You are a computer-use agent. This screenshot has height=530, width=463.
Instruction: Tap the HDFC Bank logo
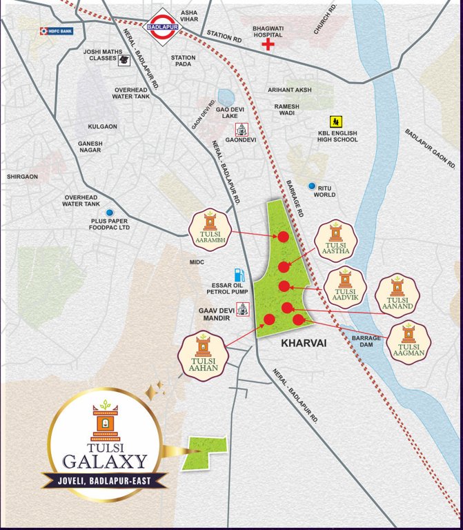[x=57, y=31]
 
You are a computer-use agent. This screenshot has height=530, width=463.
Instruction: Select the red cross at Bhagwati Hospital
[x=265, y=45]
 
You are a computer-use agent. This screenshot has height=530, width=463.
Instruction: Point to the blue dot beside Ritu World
[x=312, y=186]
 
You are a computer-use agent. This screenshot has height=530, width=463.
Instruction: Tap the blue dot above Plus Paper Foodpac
[x=110, y=213]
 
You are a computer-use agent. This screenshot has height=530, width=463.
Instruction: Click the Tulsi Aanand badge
[x=397, y=295]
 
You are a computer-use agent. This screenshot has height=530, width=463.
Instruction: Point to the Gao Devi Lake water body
[x=226, y=99]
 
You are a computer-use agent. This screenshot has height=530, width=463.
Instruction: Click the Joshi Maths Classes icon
[x=124, y=60]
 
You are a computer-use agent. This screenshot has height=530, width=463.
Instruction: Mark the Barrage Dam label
[x=366, y=342]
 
